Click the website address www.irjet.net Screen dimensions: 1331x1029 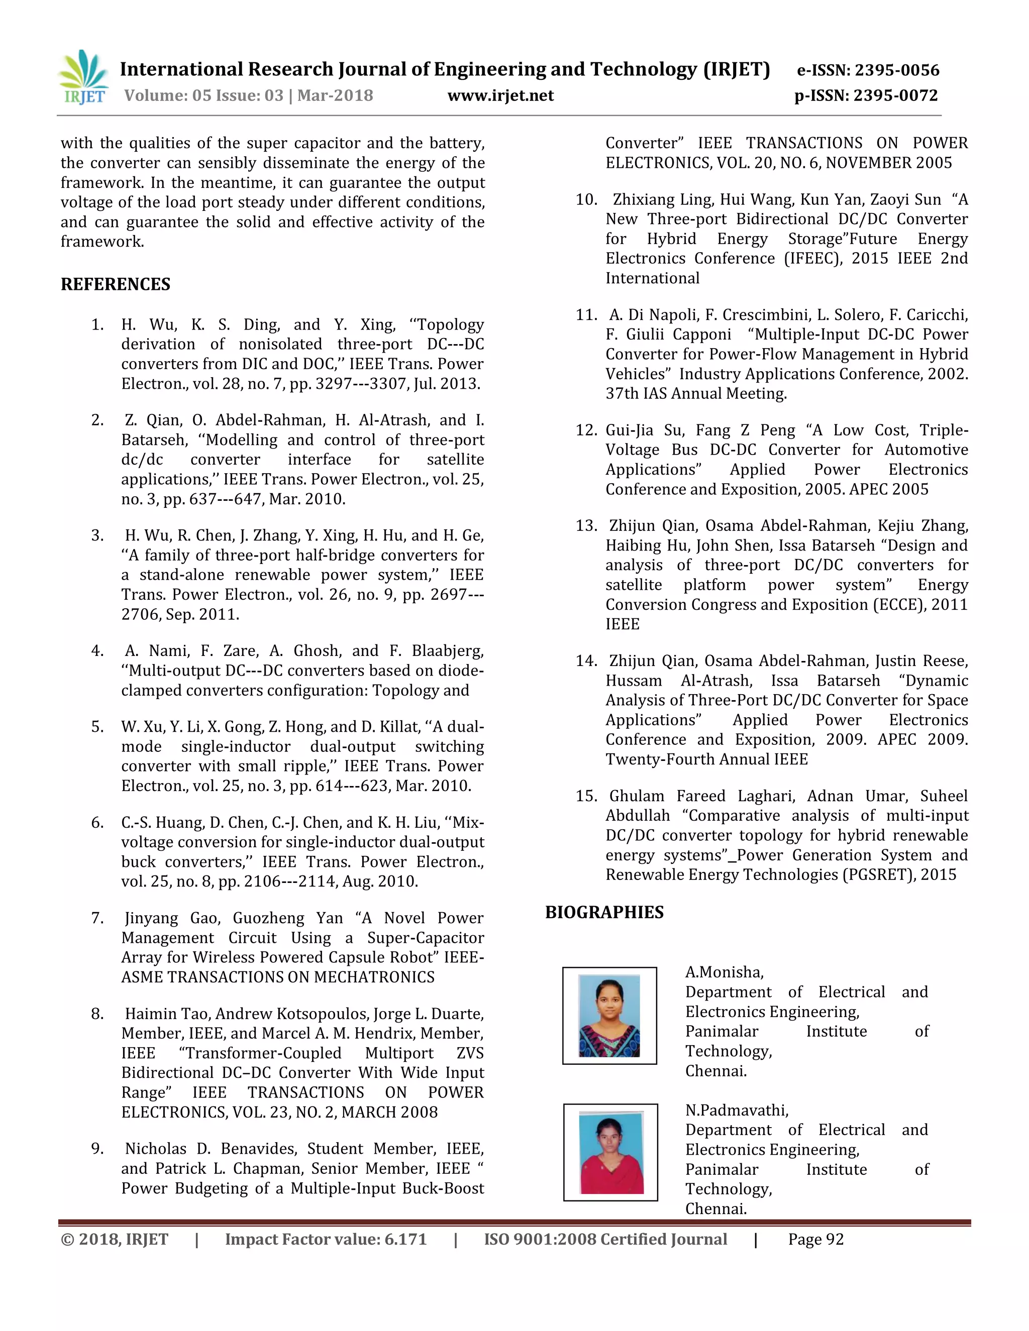tap(500, 95)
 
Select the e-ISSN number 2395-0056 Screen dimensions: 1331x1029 tap(897, 70)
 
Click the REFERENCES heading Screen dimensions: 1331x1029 tap(115, 285)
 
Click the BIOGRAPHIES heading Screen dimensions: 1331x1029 tap(604, 912)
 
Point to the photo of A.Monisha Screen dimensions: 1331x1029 tap(609, 1016)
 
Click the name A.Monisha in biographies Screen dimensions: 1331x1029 tap(724, 972)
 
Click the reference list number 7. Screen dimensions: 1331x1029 tap(97, 919)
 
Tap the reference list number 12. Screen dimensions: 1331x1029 tap(586, 430)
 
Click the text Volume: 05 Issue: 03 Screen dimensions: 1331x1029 tap(203, 95)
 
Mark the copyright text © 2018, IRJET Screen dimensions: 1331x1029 tap(115, 1239)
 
